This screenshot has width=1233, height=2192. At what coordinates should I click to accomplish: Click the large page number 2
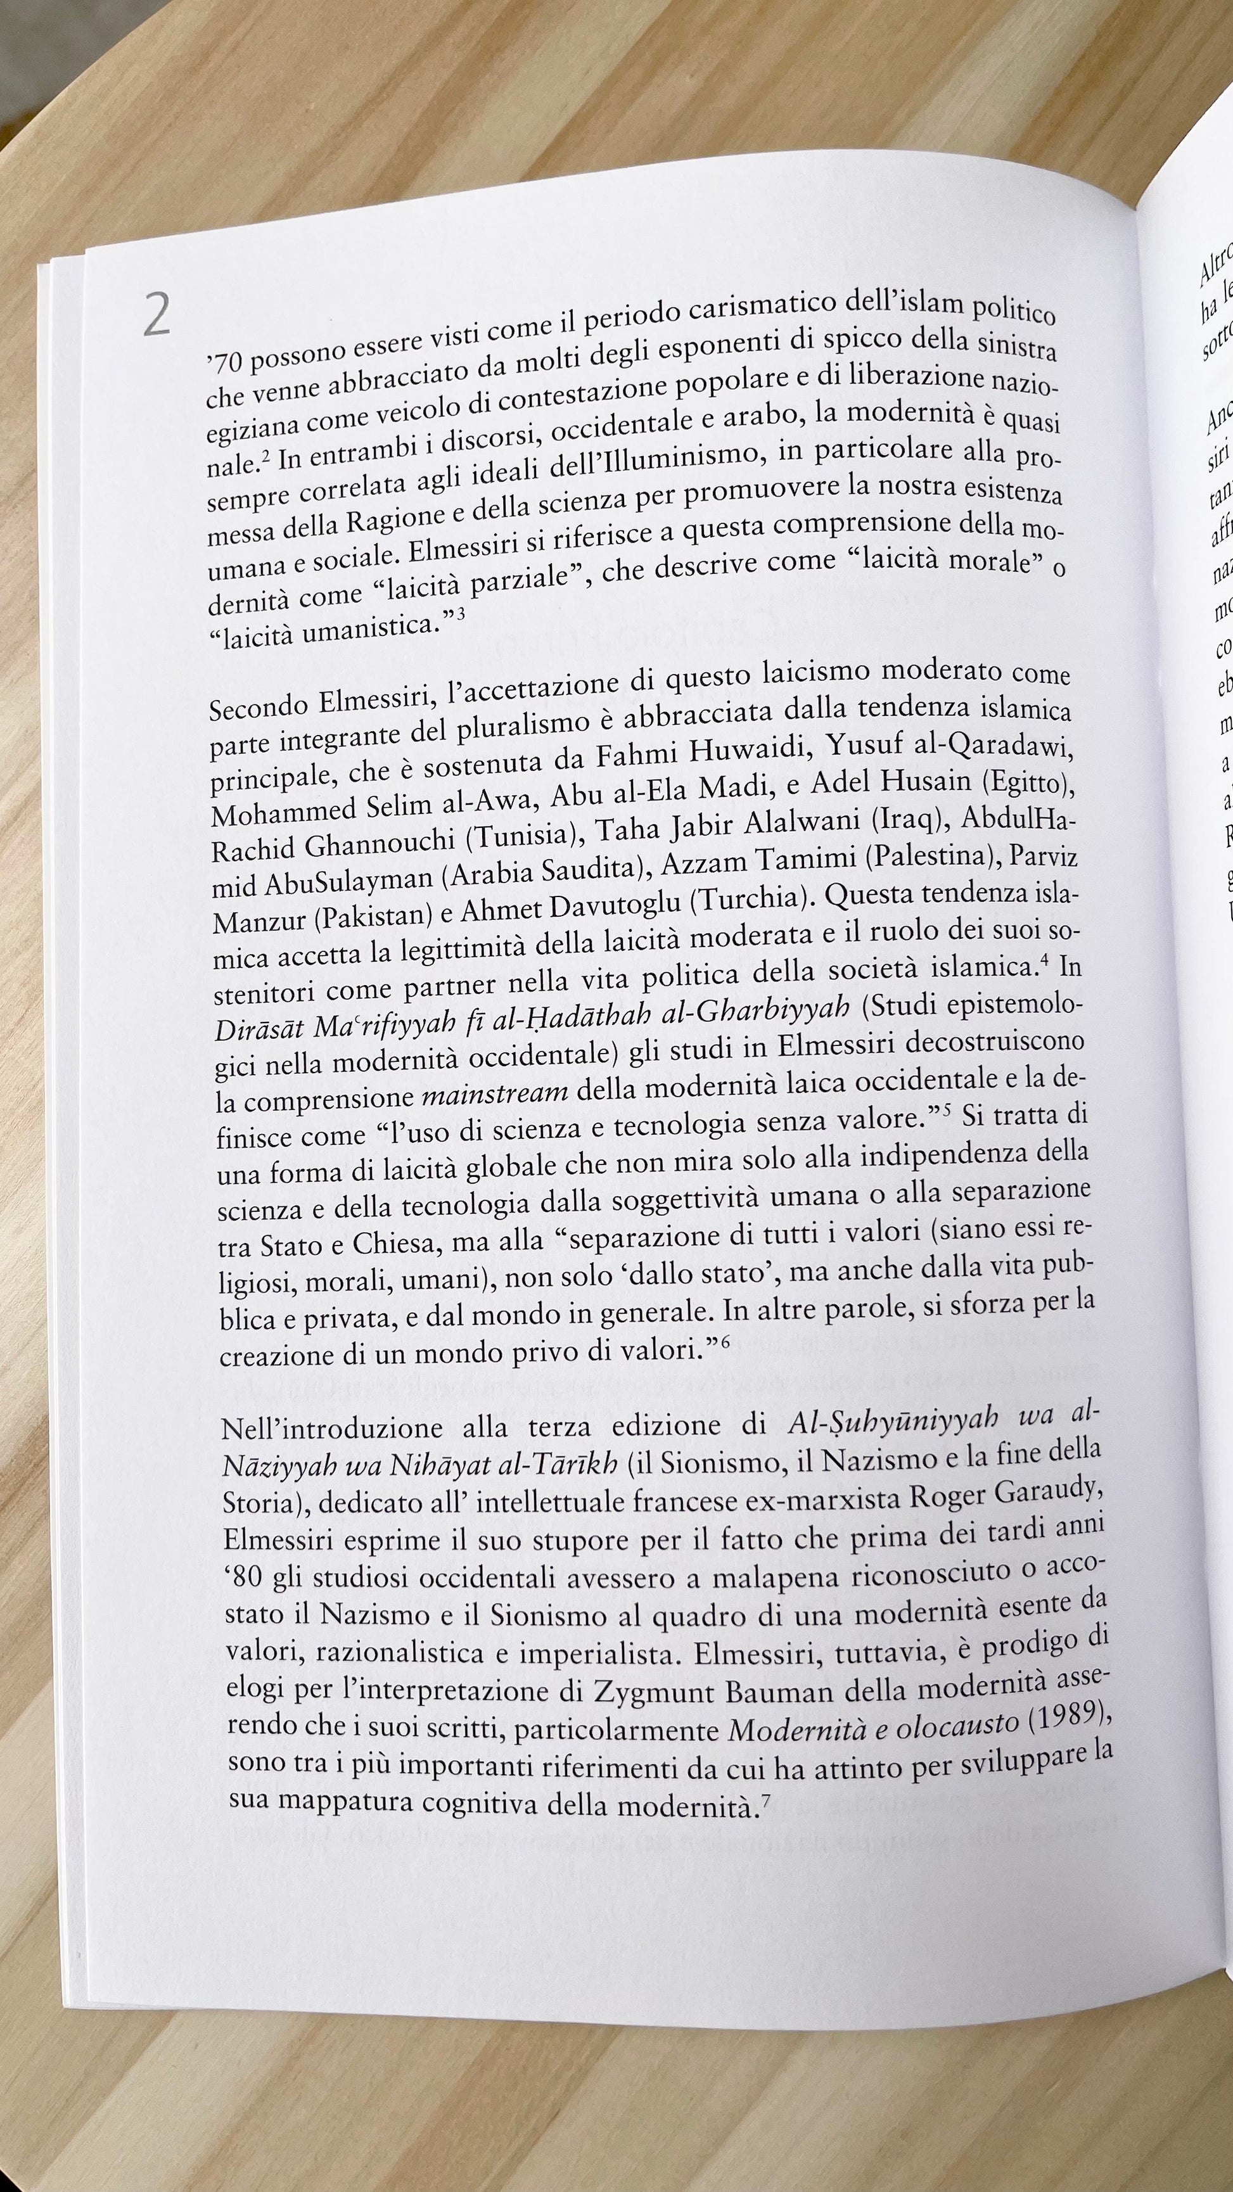[157, 315]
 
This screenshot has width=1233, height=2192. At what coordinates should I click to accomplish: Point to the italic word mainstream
[495, 1093]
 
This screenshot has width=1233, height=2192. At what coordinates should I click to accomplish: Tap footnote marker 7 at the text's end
[766, 1820]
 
